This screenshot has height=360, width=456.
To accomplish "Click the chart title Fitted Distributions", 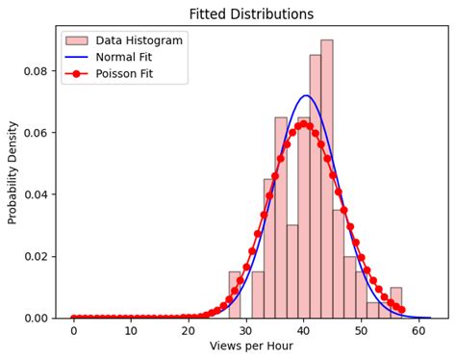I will coord(251,14).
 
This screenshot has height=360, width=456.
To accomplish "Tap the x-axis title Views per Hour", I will coord(251,347).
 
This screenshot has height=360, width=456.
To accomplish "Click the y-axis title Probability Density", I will coord(13,171).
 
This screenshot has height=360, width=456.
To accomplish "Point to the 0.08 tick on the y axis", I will coord(35,71).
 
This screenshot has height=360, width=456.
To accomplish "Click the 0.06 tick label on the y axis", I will coord(35,133).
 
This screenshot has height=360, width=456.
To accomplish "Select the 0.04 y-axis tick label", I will coord(35,194).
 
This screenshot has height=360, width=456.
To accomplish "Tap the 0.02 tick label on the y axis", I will coord(35,256).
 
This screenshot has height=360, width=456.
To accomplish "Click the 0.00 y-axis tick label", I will coord(35,318).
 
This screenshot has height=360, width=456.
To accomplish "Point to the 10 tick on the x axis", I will coord(131,330).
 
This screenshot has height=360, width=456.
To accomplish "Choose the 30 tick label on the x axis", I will coord(246,330).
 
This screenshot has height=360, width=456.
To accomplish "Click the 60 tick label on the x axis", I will coord(418,330).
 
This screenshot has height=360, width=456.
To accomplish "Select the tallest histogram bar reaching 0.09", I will coord(327,183).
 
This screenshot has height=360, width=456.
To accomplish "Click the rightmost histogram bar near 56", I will coord(395,303).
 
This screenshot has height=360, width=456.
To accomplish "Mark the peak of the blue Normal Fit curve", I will coord(306,96).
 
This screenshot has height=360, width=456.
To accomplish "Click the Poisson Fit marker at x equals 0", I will coord(73,318).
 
